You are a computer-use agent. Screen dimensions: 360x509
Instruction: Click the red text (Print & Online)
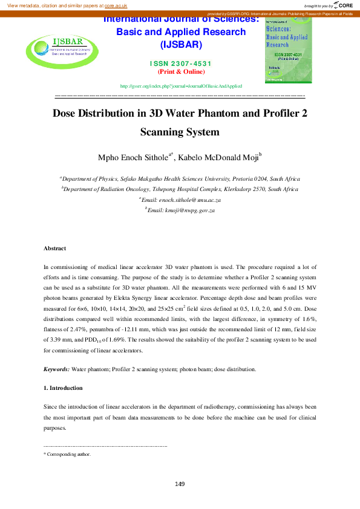pyautogui.click(x=182, y=71)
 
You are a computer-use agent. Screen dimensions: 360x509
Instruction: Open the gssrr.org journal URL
pyautogui.click(x=181, y=86)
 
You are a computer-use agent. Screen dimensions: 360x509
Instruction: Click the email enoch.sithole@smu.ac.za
pyautogui.click(x=182, y=199)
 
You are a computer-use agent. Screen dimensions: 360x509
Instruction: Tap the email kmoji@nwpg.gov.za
pyautogui.click(x=182, y=210)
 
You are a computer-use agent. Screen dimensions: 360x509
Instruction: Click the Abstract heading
pyautogui.click(x=55, y=248)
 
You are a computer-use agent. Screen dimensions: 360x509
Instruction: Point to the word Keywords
pyautogui.click(x=56, y=369)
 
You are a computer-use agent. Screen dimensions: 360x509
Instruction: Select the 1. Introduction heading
pyautogui.click(x=63, y=387)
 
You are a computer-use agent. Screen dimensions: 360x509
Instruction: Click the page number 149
pyautogui.click(x=180, y=484)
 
